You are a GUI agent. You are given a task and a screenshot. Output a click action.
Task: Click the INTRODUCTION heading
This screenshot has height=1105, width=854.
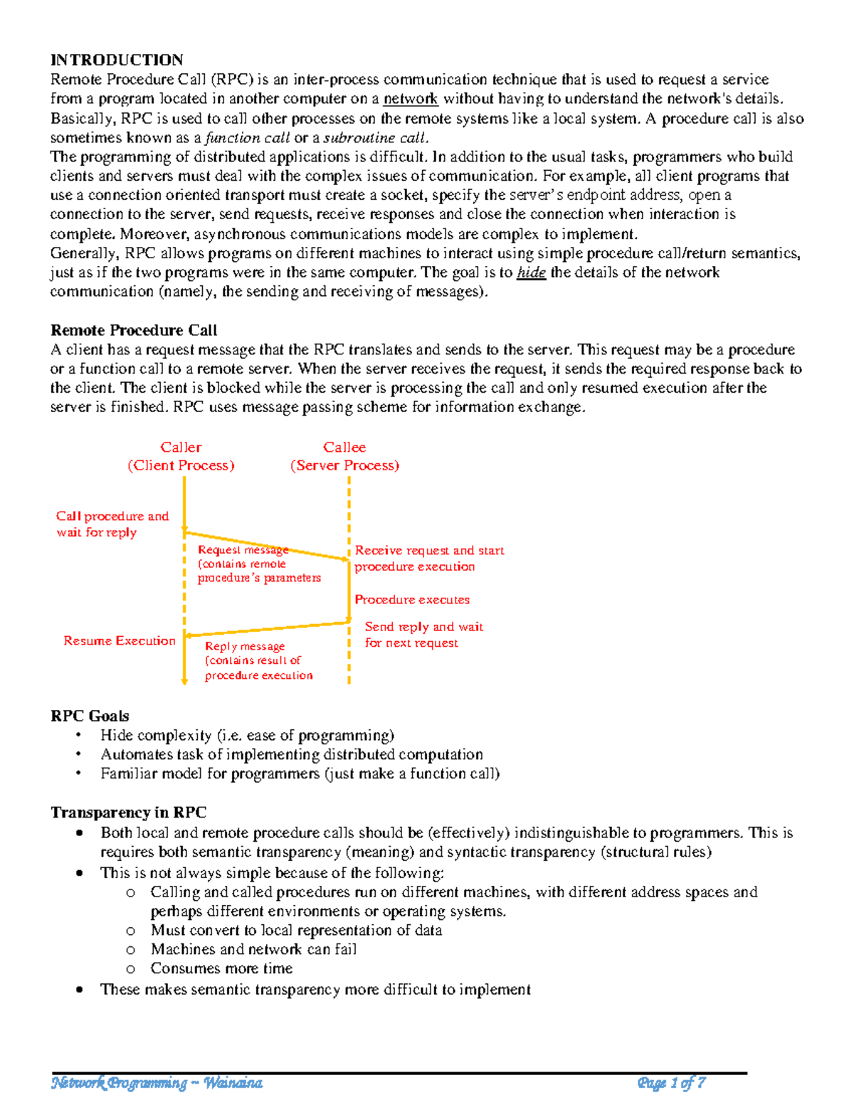[117, 60]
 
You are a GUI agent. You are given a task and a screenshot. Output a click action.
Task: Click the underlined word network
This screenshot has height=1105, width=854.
[411, 99]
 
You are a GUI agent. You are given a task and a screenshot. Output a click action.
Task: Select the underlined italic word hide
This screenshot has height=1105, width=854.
[531, 273]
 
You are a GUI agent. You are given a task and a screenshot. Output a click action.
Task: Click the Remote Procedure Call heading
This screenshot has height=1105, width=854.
[134, 330]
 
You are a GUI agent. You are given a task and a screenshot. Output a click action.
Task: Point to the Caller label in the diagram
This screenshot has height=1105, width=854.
[181, 448]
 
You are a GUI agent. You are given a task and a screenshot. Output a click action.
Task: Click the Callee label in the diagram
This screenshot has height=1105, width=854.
[344, 448]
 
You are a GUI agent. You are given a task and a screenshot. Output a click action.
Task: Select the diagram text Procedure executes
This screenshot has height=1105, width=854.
[412, 600]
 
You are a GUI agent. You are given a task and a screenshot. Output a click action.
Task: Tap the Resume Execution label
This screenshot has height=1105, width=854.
[120, 641]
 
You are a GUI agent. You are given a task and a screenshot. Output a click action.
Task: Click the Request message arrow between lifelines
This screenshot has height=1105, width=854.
[267, 546]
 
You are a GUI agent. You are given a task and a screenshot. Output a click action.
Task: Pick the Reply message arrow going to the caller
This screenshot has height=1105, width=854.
[267, 629]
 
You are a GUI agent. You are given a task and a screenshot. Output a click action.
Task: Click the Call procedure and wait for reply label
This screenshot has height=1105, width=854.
[112, 524]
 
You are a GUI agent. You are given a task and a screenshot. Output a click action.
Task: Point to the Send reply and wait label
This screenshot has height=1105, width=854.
[423, 627]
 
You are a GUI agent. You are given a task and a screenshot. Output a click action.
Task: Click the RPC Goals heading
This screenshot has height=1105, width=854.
[90, 716]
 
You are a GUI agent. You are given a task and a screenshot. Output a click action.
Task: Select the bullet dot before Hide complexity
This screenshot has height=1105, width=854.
[79, 735]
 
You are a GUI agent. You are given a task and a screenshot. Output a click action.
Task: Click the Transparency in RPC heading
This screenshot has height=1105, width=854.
[129, 813]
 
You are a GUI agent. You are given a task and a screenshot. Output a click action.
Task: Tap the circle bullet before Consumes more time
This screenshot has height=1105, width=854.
[130, 969]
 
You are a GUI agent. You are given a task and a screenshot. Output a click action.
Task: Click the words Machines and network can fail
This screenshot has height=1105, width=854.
[253, 949]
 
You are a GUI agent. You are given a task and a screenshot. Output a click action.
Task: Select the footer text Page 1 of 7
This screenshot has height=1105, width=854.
[671, 1083]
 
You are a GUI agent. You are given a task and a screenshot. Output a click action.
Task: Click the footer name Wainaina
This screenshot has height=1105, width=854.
[233, 1083]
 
